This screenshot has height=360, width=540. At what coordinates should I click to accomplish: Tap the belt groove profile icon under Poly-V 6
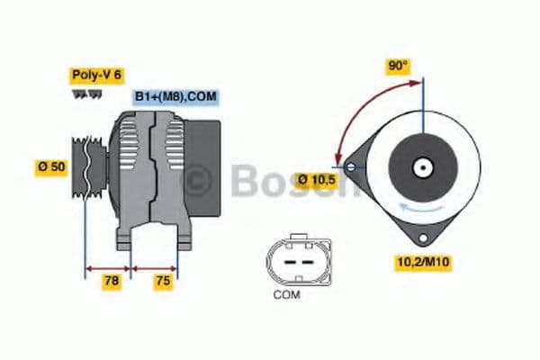click(x=85, y=94)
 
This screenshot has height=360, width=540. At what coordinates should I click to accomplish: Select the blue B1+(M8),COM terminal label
click(x=176, y=96)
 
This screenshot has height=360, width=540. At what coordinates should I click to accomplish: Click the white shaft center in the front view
click(x=420, y=167)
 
